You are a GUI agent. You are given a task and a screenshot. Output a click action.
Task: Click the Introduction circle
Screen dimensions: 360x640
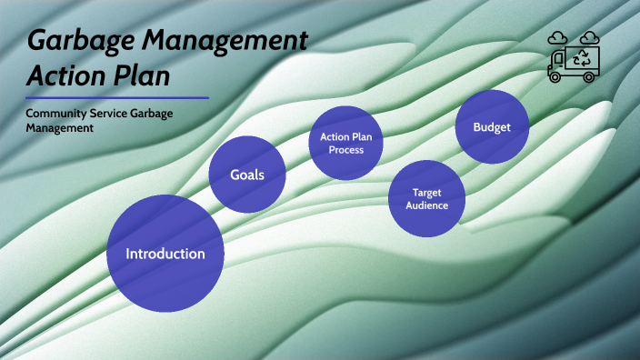165,253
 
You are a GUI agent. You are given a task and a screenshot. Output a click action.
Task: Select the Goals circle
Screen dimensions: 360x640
247,175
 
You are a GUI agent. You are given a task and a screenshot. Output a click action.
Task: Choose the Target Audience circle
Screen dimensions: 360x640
426,198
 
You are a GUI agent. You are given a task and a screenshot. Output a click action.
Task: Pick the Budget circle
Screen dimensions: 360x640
492,127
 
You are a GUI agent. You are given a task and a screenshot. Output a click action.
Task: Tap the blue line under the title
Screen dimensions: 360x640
117,97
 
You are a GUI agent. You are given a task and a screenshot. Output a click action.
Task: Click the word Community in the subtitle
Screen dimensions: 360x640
56,114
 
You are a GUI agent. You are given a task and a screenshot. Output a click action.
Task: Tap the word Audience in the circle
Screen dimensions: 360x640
426,205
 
